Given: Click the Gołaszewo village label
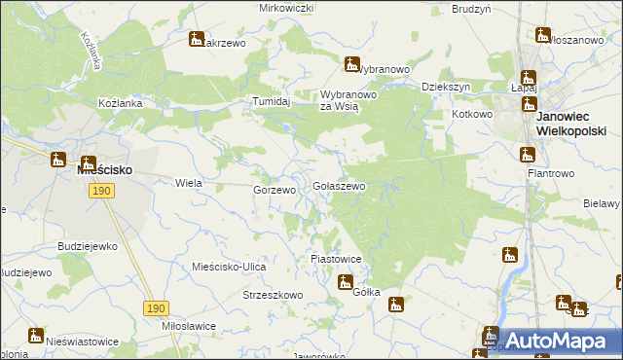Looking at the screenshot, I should pos(339,186).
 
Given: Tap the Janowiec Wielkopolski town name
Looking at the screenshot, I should pos(570,124).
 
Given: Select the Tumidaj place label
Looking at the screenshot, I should pos(273,101).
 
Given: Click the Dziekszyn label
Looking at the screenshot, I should pos(446,87).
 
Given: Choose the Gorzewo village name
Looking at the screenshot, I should pos(275,191).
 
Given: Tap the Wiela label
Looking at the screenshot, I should pos(187,183).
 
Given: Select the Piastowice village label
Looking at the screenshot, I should pos(336,260).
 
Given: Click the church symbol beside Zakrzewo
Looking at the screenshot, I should pos(196,41).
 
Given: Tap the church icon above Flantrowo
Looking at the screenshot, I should pos(527,154).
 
